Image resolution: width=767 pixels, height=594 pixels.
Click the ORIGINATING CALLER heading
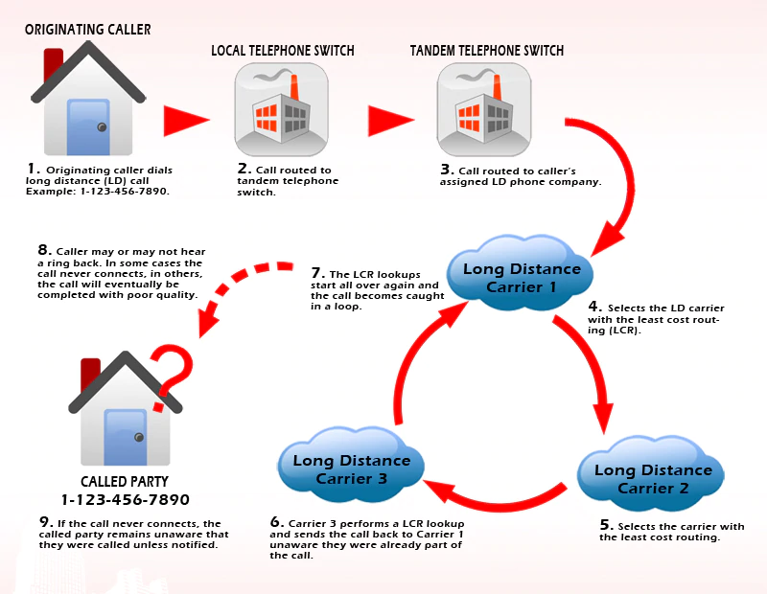pos(88,30)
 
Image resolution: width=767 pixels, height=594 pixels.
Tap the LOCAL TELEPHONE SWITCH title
pos(283,51)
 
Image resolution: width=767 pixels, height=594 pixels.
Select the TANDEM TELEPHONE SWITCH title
pos(487,51)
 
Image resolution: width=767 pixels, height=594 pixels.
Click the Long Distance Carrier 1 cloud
pos(520,273)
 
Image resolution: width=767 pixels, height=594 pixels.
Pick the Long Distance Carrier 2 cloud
pos(651,473)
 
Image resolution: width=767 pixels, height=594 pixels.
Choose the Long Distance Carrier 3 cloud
pos(351,465)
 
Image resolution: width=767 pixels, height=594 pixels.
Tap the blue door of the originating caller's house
pos(88,126)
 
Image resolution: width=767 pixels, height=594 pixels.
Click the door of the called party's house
pos(126,437)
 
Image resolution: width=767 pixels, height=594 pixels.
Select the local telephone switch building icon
pos(281,109)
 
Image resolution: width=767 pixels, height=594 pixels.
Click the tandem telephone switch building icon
pos(484,109)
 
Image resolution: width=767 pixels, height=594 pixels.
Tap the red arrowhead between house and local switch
pos(186,121)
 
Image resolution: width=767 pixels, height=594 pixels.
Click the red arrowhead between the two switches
pos(390,121)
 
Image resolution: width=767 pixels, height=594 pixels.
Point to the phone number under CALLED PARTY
pos(126,500)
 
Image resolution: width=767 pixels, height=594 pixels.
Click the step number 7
pos(317,273)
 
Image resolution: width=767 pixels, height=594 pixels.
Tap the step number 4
pos(594,307)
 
